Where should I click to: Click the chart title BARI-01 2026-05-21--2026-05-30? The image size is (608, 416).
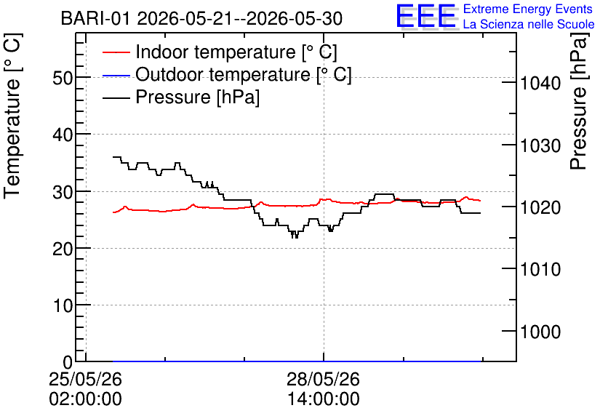[201, 18]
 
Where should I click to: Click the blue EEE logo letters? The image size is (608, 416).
[425, 16]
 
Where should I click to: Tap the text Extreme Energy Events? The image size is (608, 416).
[528, 9]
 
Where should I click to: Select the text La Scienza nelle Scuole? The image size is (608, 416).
[529, 24]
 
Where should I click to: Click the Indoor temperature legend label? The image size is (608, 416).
[236, 52]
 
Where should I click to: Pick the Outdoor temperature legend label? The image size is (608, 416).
[244, 74]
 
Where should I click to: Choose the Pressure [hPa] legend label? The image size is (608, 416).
[197, 97]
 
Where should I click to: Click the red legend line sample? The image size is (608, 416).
[116, 52]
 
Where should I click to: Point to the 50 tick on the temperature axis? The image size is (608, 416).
[63, 78]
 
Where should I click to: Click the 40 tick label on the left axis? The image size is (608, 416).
[63, 135]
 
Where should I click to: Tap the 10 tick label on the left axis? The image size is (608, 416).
[63, 306]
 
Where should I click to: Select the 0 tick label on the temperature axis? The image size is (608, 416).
[68, 362]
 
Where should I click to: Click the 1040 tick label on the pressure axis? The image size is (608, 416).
[540, 83]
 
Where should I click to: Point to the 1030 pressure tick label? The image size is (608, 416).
[540, 145]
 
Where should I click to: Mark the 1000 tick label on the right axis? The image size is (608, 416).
[540, 332]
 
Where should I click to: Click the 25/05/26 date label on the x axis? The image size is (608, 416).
[85, 379]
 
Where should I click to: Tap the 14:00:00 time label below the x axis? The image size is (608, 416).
[324, 399]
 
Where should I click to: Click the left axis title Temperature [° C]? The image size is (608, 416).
[12, 116]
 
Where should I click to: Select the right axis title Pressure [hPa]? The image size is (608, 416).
[579, 101]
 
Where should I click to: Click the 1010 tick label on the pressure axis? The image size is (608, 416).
[540, 269]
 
